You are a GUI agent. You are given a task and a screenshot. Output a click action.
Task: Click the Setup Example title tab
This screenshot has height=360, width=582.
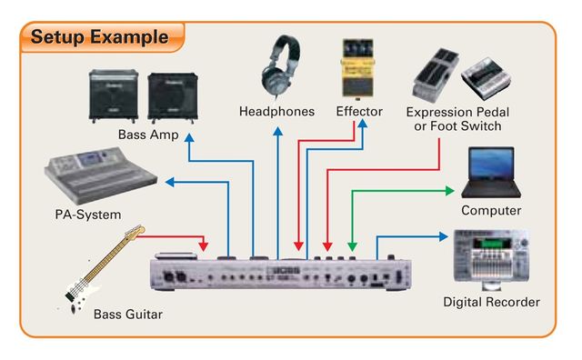(100, 37)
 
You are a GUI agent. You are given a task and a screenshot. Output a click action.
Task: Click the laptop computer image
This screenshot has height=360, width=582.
(490, 175)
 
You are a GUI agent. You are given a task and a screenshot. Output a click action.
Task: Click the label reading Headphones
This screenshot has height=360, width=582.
(276, 112)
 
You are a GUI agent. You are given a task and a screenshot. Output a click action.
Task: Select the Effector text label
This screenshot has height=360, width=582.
(359, 112)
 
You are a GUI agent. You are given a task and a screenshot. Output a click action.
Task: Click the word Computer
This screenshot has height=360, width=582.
(491, 211)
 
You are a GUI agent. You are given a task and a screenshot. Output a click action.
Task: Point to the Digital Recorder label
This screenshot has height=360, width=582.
(491, 302)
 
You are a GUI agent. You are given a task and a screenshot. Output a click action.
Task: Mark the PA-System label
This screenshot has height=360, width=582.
(87, 215)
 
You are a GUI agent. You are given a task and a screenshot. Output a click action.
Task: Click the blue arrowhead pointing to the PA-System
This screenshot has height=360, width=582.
(167, 183)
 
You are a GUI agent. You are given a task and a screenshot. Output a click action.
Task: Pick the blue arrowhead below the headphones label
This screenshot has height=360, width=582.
(276, 132)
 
